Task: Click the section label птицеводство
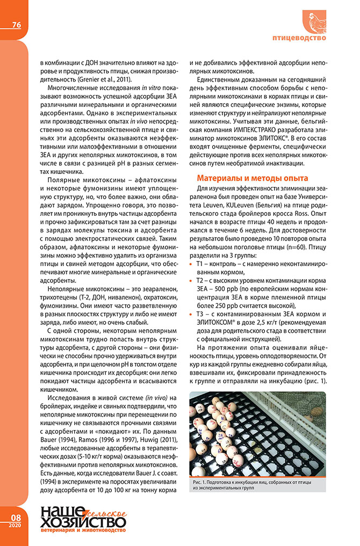(299, 39)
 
